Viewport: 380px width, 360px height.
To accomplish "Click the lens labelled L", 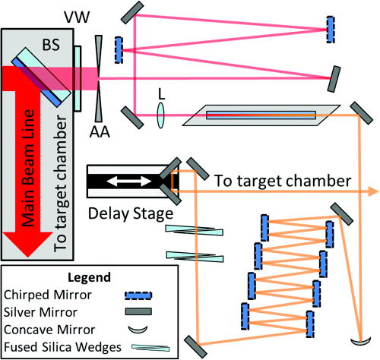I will (x=161, y=115).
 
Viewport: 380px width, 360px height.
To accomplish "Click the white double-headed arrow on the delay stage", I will (x=133, y=180).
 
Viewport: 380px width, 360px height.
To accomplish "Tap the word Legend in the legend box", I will (x=88, y=276).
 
